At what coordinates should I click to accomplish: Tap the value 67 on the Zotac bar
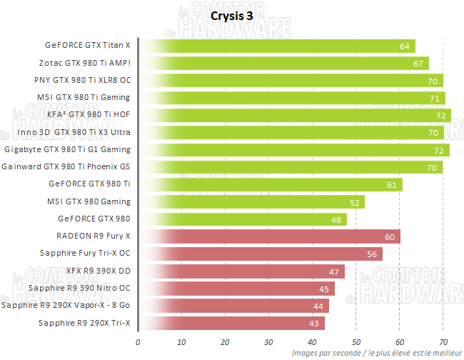click(420, 64)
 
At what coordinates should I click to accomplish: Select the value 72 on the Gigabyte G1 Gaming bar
click(440, 150)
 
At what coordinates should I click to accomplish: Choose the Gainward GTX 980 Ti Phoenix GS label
click(66, 167)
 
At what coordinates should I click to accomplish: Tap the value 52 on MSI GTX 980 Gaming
click(355, 202)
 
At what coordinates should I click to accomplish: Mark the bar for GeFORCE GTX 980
click(242, 219)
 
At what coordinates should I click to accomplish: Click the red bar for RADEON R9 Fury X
click(268, 236)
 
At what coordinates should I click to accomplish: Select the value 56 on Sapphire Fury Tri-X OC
click(372, 254)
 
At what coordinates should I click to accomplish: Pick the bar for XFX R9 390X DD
click(241, 271)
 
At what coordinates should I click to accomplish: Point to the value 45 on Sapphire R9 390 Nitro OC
click(324, 289)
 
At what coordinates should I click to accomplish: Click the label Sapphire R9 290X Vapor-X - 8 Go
click(66, 306)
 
